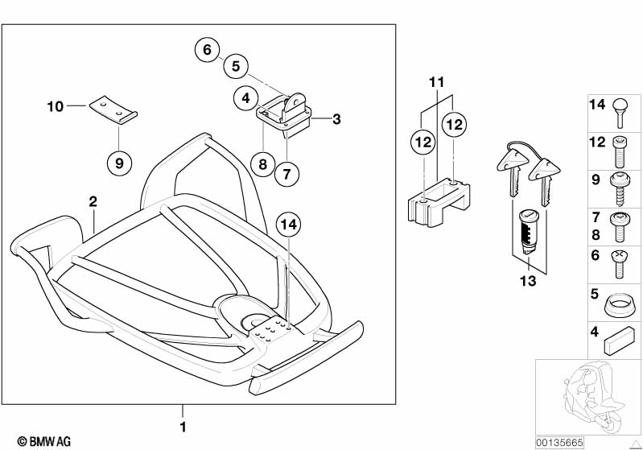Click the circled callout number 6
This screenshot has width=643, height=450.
(x=207, y=50)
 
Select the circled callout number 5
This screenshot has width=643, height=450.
(x=236, y=66)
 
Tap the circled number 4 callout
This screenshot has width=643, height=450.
(x=245, y=98)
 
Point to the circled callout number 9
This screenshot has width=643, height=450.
(x=119, y=163)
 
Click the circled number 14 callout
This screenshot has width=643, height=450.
(x=289, y=225)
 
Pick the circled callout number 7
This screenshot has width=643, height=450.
(x=286, y=174)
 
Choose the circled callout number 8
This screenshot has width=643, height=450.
(x=262, y=164)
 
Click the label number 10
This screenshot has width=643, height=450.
(x=56, y=106)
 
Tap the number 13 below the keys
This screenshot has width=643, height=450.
(x=528, y=281)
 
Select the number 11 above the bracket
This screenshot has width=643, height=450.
(x=436, y=82)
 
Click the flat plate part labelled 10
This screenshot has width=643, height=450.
(x=113, y=109)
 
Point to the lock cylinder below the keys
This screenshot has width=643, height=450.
(x=528, y=231)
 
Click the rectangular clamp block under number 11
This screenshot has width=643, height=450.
(x=439, y=202)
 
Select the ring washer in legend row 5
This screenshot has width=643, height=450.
(x=619, y=306)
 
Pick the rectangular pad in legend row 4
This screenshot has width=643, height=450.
(x=619, y=341)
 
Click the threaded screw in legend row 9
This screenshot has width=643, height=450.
(x=620, y=188)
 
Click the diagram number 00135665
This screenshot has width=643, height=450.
(x=559, y=443)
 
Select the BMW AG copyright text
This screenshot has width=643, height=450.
(x=44, y=441)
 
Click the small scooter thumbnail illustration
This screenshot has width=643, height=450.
(x=591, y=398)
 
